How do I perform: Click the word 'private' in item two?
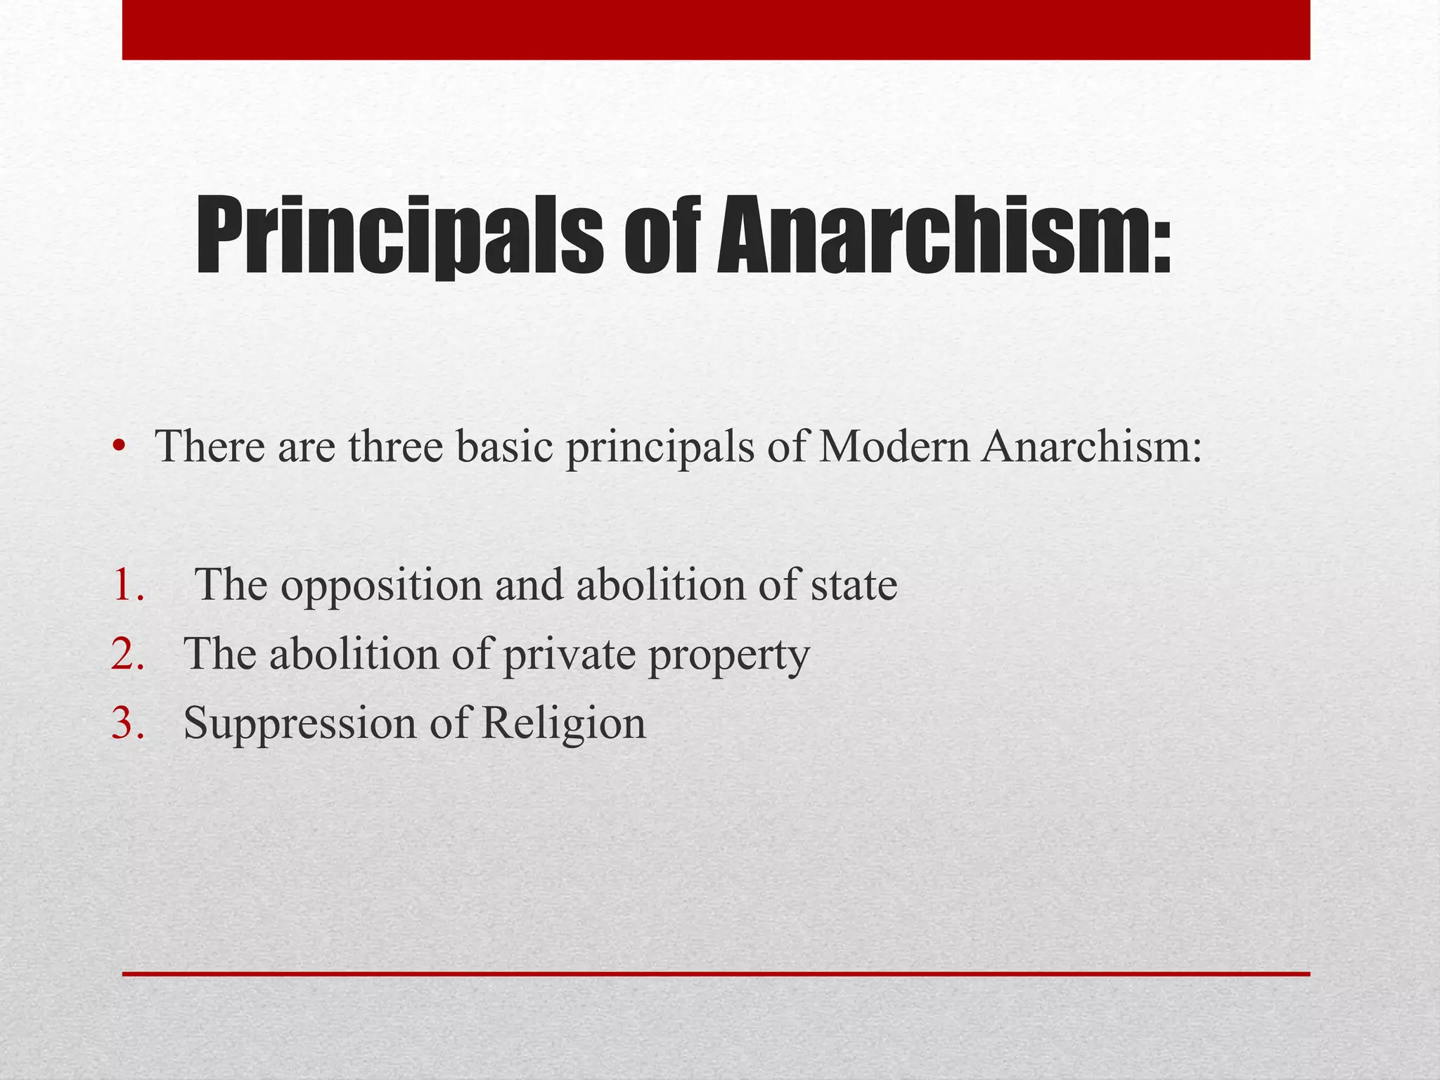click(567, 655)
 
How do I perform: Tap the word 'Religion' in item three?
click(563, 724)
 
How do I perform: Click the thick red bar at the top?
click(716, 30)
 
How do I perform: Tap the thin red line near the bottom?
click(716, 974)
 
